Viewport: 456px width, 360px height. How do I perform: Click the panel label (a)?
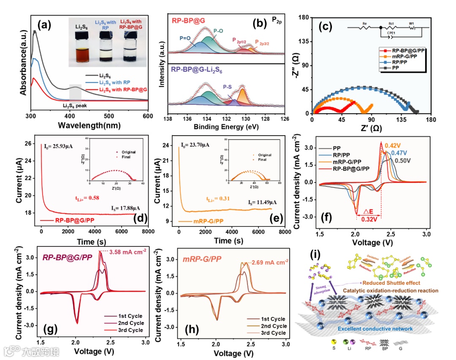click(45, 25)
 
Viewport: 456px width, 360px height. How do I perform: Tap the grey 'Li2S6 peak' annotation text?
click(75, 106)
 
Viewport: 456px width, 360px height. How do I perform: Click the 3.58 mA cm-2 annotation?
click(128, 253)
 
